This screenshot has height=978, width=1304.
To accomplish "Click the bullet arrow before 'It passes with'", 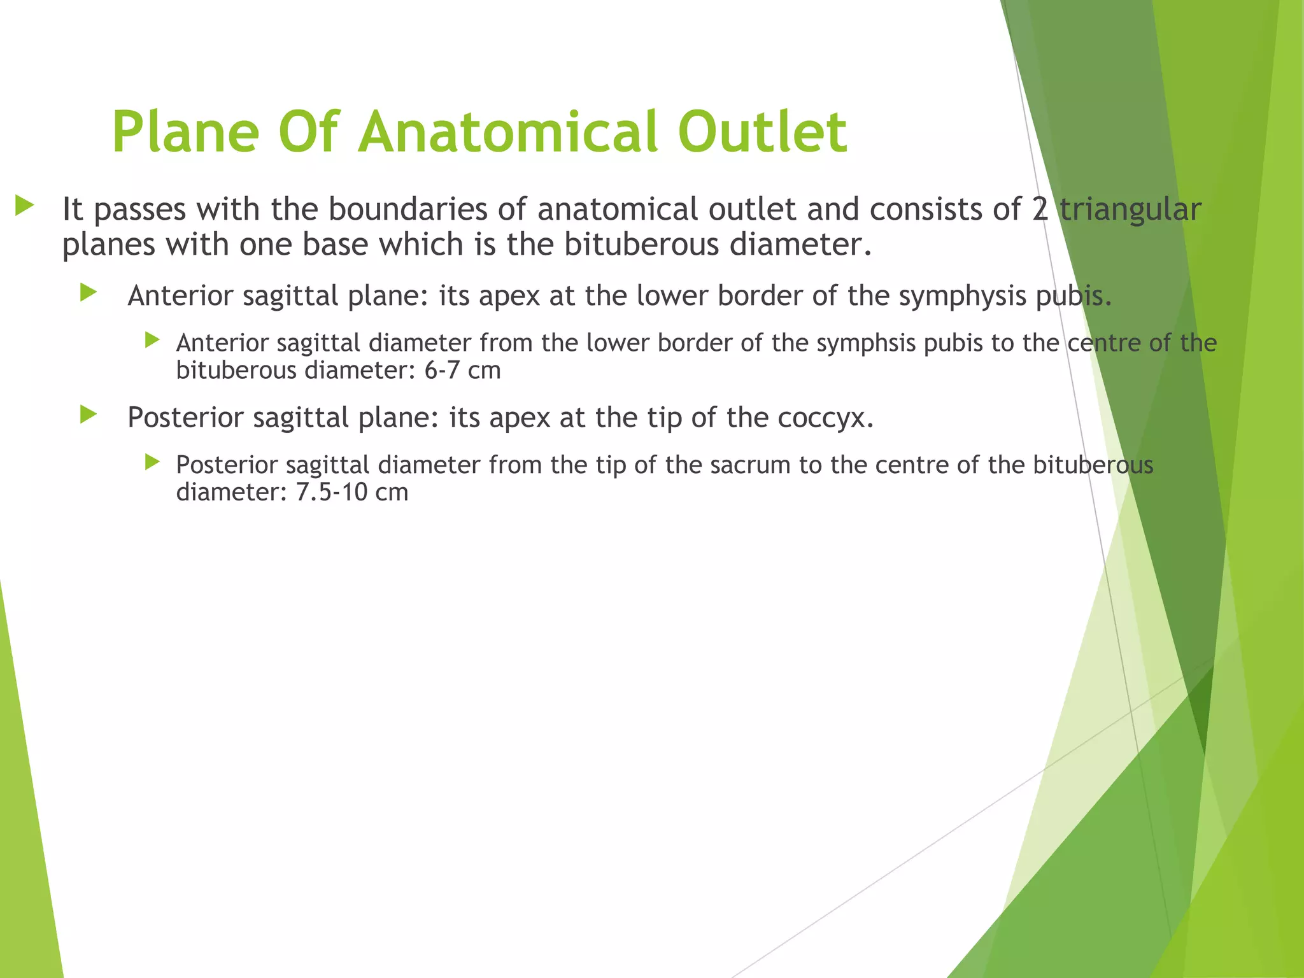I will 25,206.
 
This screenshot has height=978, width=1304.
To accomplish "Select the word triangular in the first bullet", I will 1130,209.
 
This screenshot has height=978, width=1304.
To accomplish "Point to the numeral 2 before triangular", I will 1040,209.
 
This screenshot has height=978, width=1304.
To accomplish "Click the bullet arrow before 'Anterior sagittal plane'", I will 89,293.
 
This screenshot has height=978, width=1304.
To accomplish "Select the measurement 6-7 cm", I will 462,371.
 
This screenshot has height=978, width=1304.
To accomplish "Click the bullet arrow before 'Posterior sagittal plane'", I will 89,415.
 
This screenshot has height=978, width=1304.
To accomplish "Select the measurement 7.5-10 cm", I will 352,492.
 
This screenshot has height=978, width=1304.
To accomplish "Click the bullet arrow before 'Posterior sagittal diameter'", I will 152,462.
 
